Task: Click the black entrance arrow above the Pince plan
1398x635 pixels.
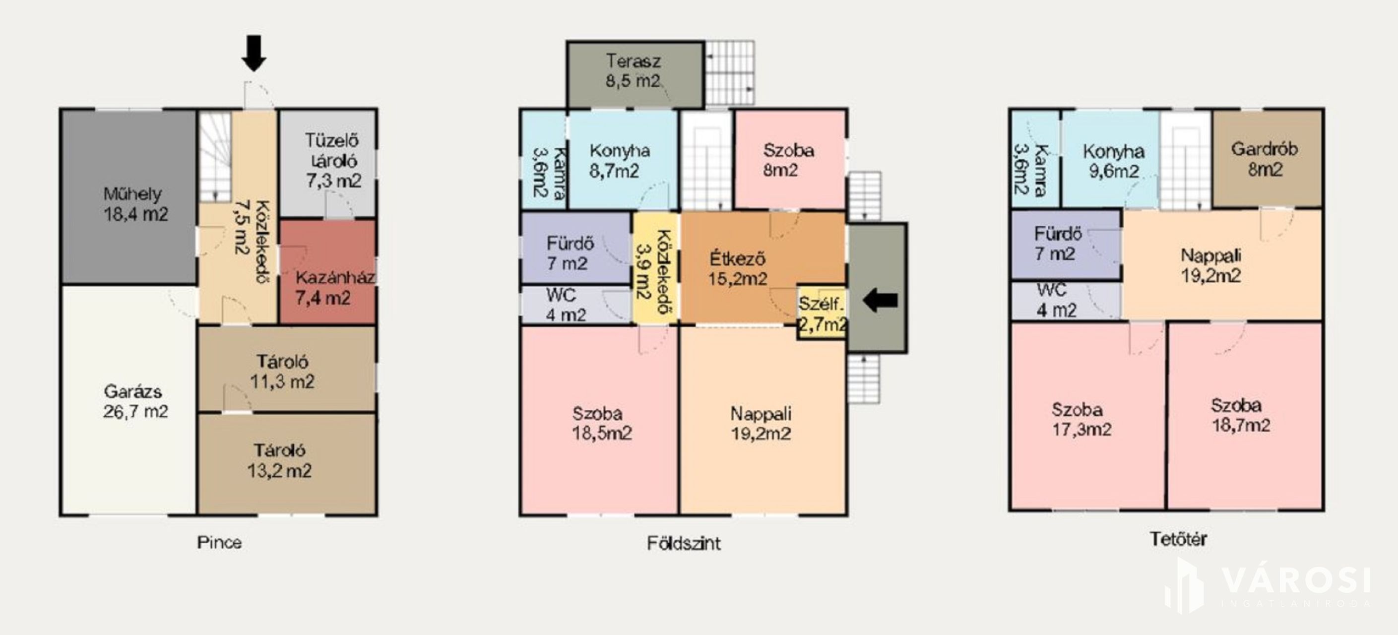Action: click(x=254, y=53)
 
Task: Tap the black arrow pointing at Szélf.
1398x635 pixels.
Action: click(x=880, y=300)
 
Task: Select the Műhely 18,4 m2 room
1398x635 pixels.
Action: click(x=128, y=197)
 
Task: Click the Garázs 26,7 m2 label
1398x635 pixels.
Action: click(x=135, y=402)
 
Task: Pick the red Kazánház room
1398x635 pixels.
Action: click(x=327, y=271)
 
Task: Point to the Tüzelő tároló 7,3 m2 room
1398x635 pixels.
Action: click(x=328, y=163)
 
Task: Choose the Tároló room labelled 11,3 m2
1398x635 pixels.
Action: click(x=287, y=369)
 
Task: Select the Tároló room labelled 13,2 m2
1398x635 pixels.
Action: click(x=287, y=464)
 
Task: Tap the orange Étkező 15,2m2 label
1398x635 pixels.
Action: click(x=738, y=269)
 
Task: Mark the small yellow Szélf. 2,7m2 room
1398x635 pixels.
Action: click(x=822, y=313)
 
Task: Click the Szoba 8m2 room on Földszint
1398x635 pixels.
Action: click(x=790, y=159)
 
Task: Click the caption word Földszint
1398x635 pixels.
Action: click(x=684, y=543)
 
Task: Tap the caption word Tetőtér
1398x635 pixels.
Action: click(x=1178, y=539)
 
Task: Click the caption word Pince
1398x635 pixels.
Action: click(x=219, y=542)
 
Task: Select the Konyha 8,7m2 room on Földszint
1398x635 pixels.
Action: click(x=623, y=159)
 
